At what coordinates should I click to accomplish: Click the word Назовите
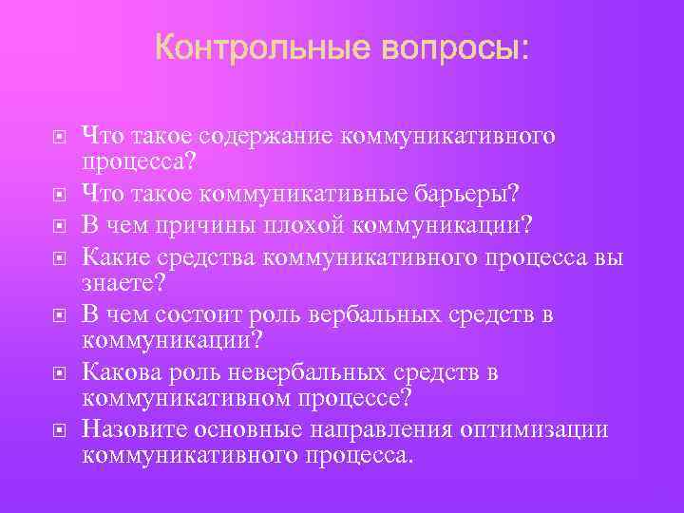130,429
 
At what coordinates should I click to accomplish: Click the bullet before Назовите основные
59,431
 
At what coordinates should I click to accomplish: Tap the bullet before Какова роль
59,372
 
